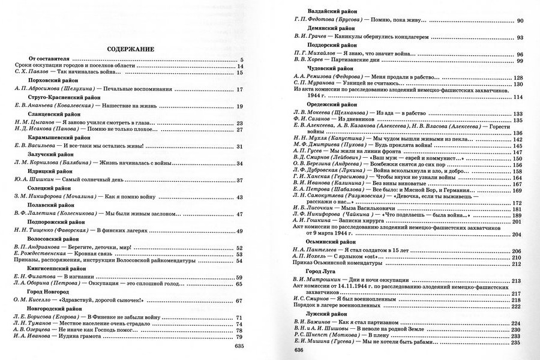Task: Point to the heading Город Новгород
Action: tap(50, 291)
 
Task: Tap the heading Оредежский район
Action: tap(331, 105)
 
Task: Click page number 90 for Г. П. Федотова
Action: tap(520, 22)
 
